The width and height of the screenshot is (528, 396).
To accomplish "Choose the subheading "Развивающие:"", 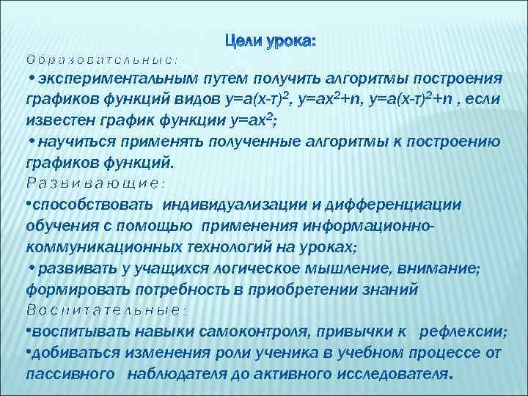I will (x=95, y=182).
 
